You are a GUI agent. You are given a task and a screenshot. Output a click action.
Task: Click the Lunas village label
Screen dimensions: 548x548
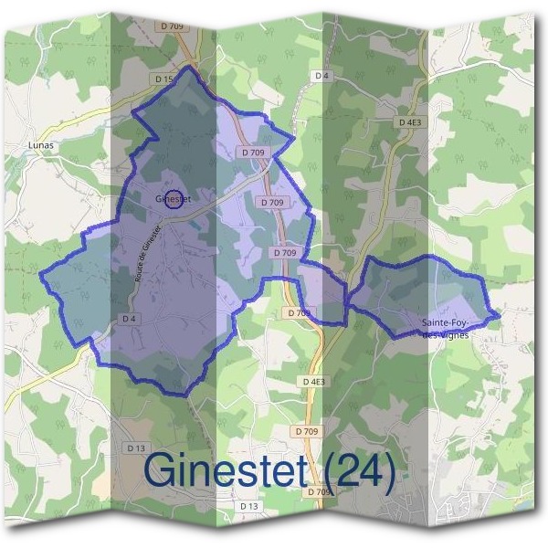point(42,144)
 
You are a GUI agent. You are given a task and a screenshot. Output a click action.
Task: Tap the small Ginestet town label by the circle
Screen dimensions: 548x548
point(172,198)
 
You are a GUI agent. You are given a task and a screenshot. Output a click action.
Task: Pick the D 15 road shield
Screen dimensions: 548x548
point(164,79)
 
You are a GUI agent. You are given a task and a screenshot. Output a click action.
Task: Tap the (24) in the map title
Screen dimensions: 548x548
point(362,470)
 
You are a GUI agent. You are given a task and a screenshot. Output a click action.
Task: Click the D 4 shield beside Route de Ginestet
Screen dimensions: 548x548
point(129,319)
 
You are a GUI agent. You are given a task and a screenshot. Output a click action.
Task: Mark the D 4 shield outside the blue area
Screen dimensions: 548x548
point(320,75)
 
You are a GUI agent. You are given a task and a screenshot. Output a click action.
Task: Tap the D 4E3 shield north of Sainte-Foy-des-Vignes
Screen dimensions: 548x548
point(411,121)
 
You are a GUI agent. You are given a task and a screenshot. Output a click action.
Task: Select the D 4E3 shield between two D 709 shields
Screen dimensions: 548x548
point(312,381)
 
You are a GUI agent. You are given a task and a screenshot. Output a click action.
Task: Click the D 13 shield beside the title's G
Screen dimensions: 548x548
point(136,448)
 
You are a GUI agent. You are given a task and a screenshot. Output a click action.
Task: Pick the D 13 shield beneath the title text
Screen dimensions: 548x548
point(249,505)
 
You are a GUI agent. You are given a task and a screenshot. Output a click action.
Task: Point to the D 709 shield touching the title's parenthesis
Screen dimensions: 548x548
point(320,492)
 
